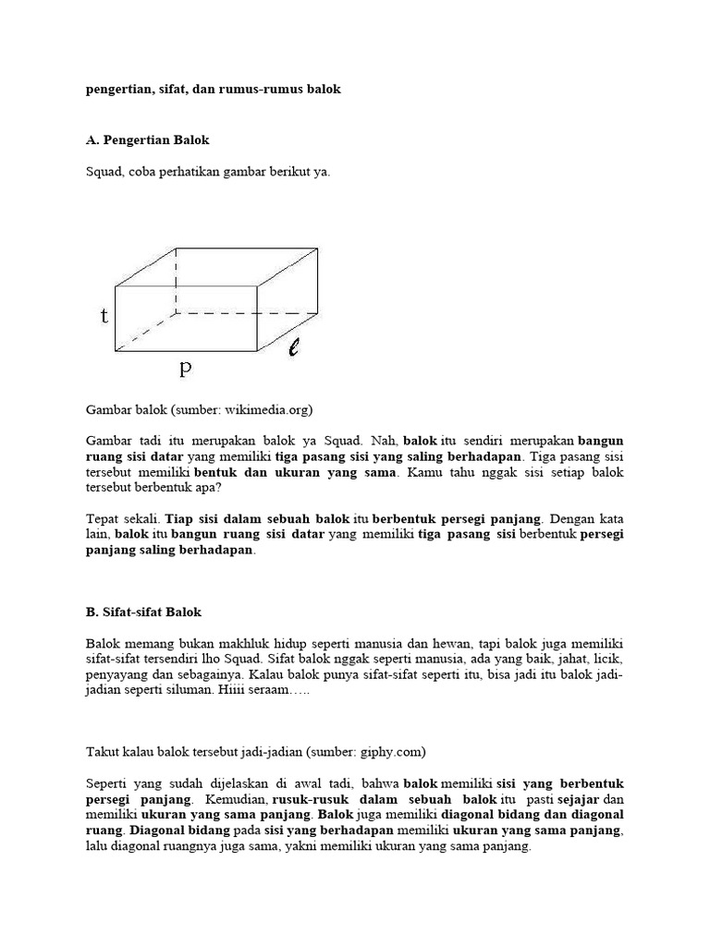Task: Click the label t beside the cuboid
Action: click(104, 316)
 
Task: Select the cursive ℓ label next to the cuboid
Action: click(293, 348)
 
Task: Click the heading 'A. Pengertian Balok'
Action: click(147, 140)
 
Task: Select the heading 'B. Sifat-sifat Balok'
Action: click(143, 612)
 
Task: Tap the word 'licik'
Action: click(606, 659)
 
